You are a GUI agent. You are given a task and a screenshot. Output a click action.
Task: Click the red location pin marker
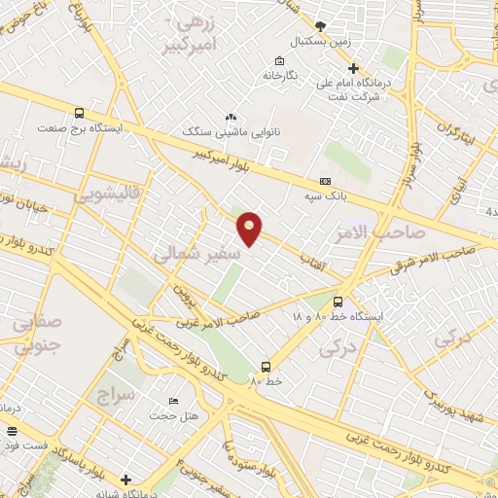(250, 228)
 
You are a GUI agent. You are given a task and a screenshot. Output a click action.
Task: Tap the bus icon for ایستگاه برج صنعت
(79, 113)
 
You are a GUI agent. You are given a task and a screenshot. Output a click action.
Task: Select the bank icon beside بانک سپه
(325, 181)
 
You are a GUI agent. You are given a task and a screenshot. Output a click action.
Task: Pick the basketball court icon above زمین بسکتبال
(322, 26)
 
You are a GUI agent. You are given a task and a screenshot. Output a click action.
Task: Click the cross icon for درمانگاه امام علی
(353, 68)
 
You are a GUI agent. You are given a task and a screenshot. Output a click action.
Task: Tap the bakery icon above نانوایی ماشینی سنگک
(231, 116)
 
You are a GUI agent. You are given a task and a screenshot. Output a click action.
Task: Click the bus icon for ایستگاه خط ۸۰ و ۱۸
(338, 302)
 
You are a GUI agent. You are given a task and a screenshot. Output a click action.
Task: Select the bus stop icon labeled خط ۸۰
(266, 367)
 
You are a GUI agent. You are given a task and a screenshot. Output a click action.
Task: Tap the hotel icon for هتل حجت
(174, 402)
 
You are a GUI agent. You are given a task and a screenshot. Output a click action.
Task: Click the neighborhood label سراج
(115, 396)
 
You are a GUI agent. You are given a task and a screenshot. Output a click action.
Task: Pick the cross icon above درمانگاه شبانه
(125, 479)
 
